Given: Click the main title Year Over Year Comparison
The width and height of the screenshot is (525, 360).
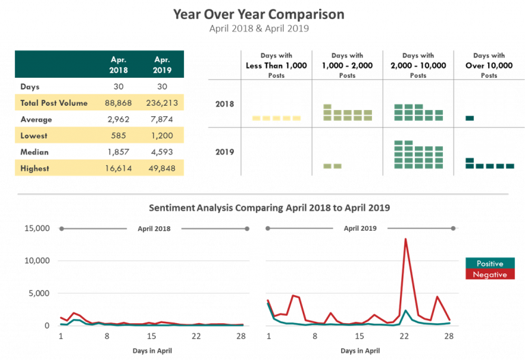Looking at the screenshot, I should (258, 14).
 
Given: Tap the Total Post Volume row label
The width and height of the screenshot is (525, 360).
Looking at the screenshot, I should (54, 103).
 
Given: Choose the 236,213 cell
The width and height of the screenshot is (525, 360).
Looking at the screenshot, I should (163, 103).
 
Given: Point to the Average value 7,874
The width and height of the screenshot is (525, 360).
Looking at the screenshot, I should (163, 120).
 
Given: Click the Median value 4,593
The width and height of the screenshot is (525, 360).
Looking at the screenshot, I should (163, 152).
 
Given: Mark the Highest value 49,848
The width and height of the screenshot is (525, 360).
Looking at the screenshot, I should (163, 169).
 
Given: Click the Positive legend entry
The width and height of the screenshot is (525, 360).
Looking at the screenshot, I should (489, 264).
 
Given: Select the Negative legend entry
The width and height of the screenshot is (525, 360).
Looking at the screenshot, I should (489, 275).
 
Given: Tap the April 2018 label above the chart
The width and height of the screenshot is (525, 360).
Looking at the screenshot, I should (154, 229).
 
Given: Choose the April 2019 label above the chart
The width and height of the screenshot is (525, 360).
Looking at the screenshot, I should (360, 229).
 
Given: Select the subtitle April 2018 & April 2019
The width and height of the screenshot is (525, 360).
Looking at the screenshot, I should (258, 29).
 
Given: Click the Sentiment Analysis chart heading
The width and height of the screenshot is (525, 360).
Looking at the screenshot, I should (269, 207).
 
